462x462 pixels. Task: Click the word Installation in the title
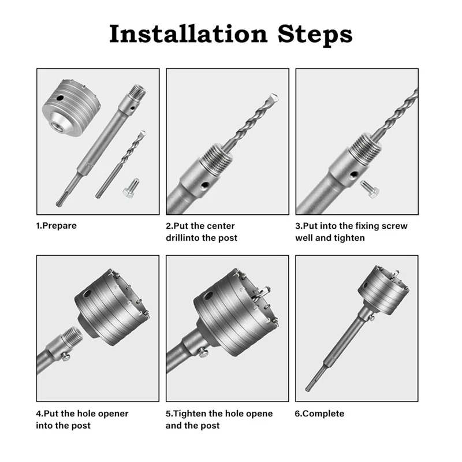pyautogui.click(x=188, y=34)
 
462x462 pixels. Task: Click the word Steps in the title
pyautogui.click(x=315, y=35)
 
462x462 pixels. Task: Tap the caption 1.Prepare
pyautogui.click(x=56, y=226)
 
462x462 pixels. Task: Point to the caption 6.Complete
pyautogui.click(x=319, y=413)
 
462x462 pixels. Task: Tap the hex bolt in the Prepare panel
pyautogui.click(x=131, y=188)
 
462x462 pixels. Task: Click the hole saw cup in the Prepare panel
pyautogui.click(x=71, y=107)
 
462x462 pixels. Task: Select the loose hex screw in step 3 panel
pyautogui.click(x=370, y=189)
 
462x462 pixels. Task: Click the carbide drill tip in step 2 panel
pyautogui.click(x=273, y=98)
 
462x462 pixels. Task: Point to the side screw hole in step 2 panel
pyautogui.click(x=205, y=185)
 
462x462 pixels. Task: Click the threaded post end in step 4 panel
pyautogui.click(x=73, y=335)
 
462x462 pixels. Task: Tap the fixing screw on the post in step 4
pyautogui.click(x=66, y=357)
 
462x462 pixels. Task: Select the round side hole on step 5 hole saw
pyautogui.click(x=208, y=296)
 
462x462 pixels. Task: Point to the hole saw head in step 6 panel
pyautogui.click(x=383, y=290)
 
